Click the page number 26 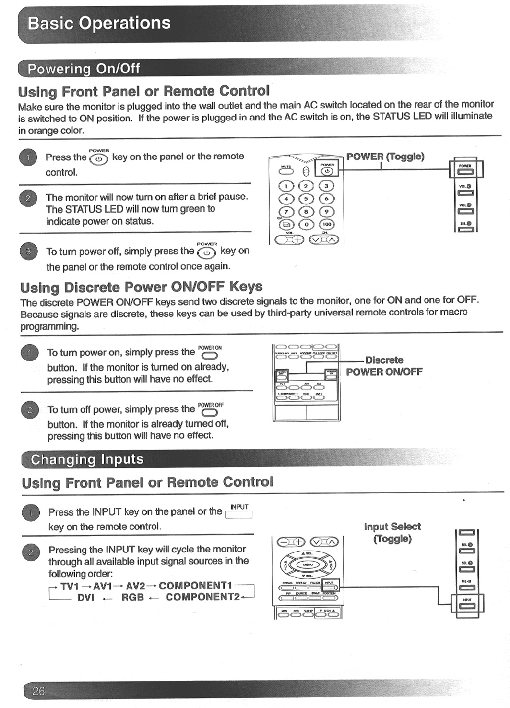point(39,691)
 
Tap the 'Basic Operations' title point(99,23)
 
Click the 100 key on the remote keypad point(327,224)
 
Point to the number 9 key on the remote point(326,211)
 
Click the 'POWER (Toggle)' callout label point(385,157)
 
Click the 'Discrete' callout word point(384,360)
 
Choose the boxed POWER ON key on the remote point(330,376)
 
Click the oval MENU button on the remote point(308,564)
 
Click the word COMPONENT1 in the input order point(195,585)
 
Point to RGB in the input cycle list point(132,597)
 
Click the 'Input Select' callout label point(392,526)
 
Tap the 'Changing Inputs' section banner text point(87,460)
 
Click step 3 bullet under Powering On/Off point(28,251)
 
